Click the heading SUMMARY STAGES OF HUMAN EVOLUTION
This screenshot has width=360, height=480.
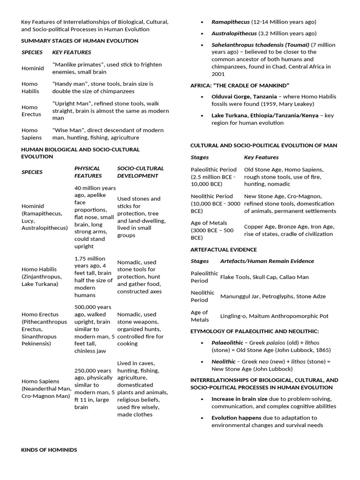pyautogui.click(x=80, y=41)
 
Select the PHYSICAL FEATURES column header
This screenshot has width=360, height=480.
pyautogui.click(x=88, y=172)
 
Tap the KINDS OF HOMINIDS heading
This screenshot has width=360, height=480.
pyautogui.click(x=49, y=450)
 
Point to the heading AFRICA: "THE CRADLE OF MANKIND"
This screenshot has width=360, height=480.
pyautogui.click(x=240, y=86)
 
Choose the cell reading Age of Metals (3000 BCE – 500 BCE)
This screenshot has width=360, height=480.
pyautogui.click(x=212, y=230)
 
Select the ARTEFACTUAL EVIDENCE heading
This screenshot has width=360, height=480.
pyautogui.click(x=223, y=249)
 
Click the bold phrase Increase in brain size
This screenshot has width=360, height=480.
pyautogui.click(x=239, y=398)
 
